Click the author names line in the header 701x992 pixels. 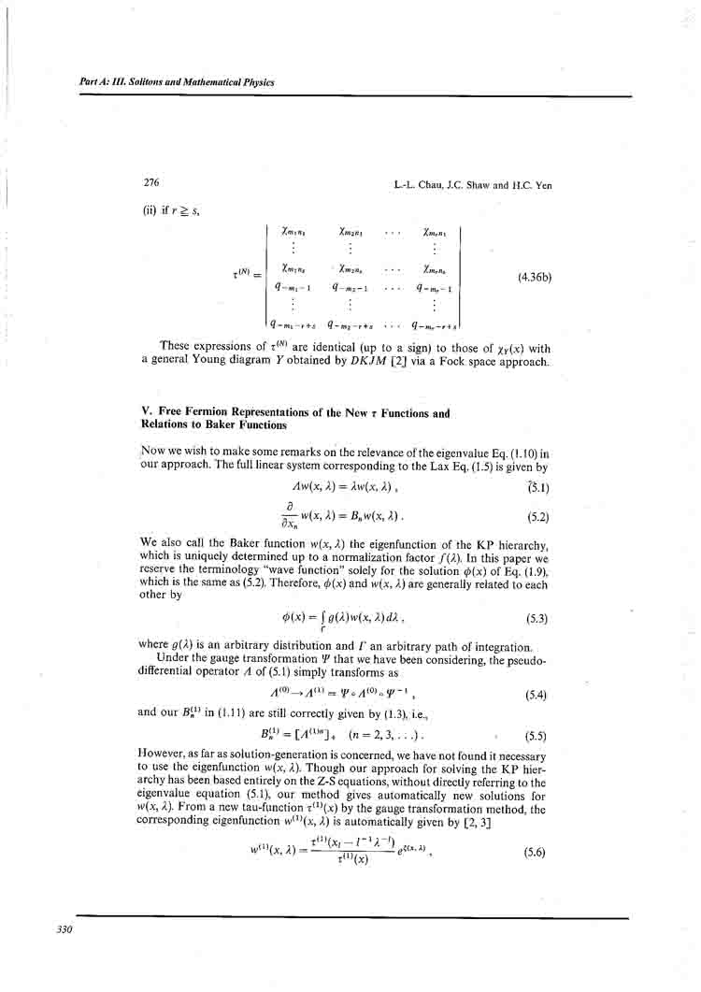pyautogui.click(x=473, y=185)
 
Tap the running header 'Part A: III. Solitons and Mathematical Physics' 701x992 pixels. pyautogui.click(x=177, y=82)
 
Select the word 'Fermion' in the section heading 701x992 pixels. pyautogui.click(x=200, y=412)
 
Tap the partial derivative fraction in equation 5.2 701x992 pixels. pyautogui.click(x=304, y=514)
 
